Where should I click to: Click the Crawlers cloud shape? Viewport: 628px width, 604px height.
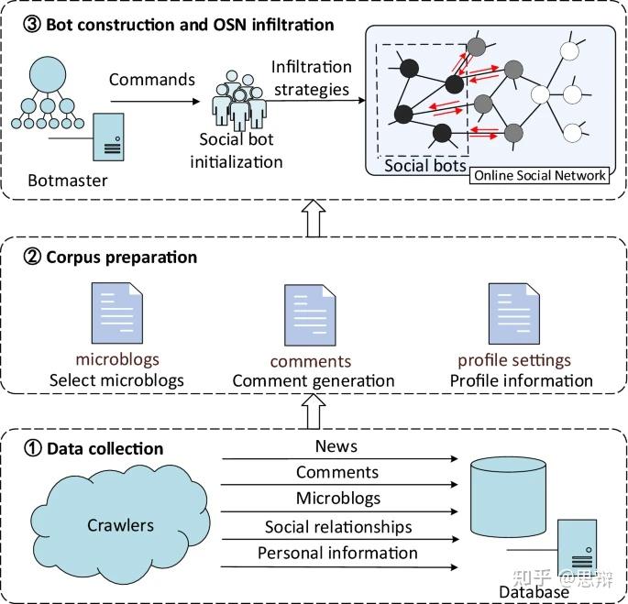(x=120, y=524)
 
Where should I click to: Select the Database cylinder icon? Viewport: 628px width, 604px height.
(x=508, y=498)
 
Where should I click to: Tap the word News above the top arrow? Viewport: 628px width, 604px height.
(x=336, y=446)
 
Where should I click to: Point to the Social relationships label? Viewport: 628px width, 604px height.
(x=338, y=527)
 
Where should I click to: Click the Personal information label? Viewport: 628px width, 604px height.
(x=337, y=553)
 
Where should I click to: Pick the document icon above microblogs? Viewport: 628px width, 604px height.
(x=117, y=313)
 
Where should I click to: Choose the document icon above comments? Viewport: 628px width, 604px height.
(x=310, y=315)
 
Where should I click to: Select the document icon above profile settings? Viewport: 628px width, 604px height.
(x=513, y=313)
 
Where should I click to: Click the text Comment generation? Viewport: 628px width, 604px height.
(x=314, y=381)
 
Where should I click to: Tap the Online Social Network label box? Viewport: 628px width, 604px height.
(x=539, y=175)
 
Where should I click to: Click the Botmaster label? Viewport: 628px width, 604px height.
(x=67, y=181)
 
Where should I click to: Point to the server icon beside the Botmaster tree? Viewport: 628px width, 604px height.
(x=108, y=137)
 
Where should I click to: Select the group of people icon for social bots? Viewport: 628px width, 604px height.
(x=239, y=101)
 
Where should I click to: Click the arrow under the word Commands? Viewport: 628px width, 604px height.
(x=155, y=102)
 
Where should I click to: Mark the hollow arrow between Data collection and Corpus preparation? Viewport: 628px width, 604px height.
(x=314, y=412)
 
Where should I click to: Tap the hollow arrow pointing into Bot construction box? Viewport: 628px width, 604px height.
(x=314, y=218)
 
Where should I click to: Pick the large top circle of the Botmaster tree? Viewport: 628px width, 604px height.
(x=48, y=74)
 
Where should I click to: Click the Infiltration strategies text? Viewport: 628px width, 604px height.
(x=312, y=78)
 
